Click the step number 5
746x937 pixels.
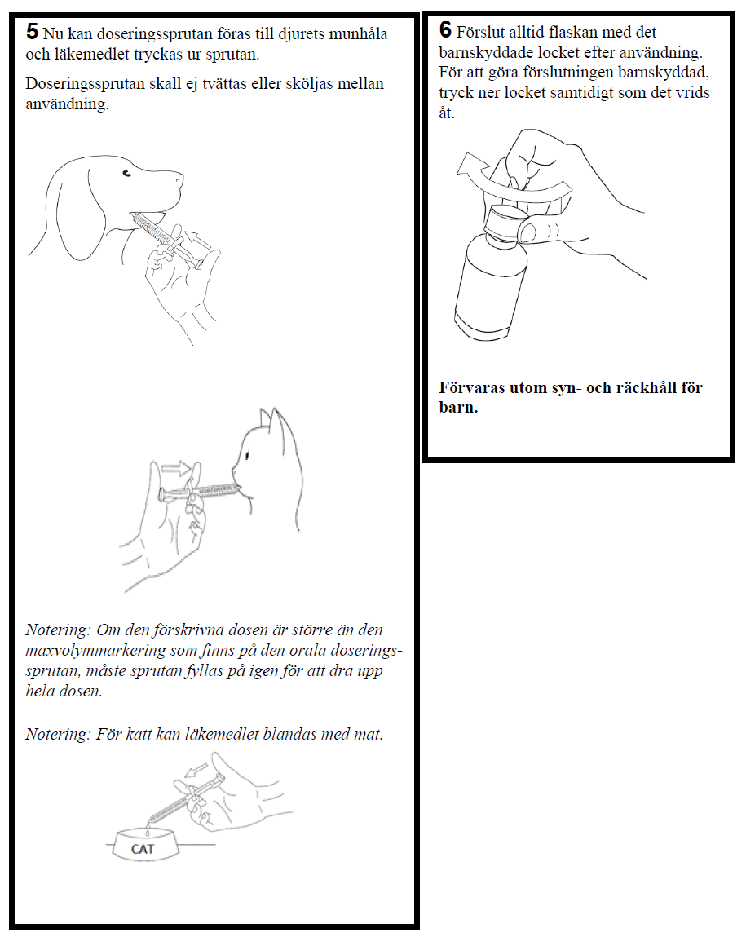point(32,31)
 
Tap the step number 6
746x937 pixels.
point(446,29)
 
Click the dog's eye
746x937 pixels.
point(126,174)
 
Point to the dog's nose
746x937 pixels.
point(180,178)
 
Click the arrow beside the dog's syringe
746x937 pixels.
point(197,239)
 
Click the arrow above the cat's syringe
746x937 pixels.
point(176,468)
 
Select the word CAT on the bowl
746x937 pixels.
point(143,849)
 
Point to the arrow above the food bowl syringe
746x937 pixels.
point(196,771)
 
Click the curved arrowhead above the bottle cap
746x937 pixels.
point(470,165)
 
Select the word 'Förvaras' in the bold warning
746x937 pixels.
point(472,387)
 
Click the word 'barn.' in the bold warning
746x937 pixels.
point(458,408)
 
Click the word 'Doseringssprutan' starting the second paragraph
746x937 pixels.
point(85,84)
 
